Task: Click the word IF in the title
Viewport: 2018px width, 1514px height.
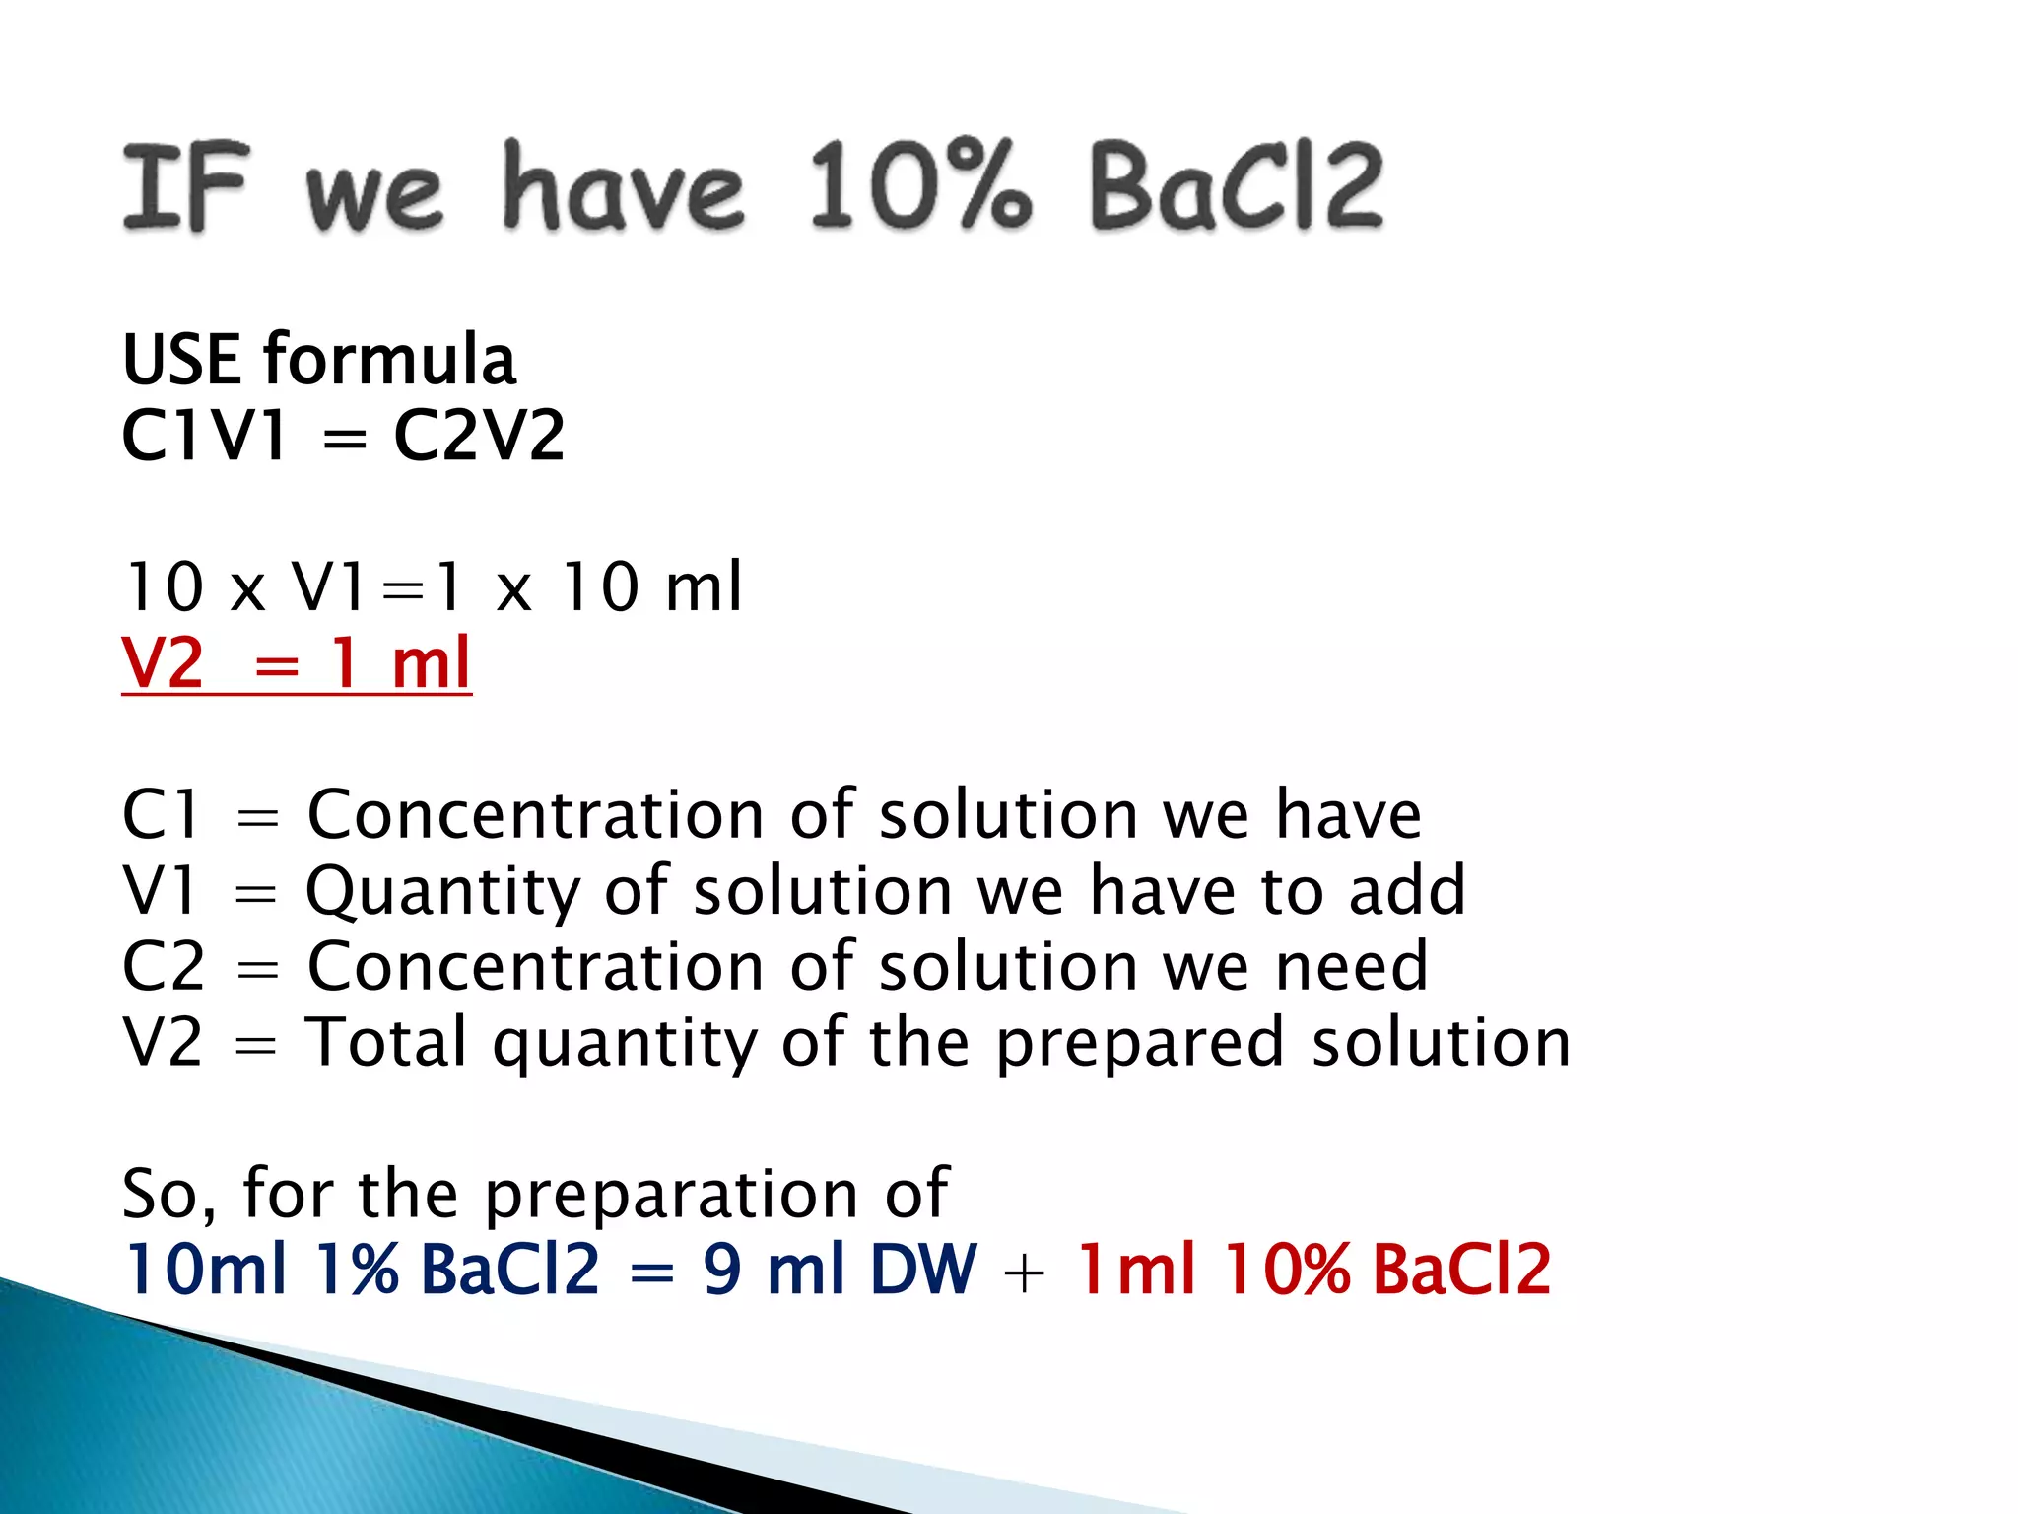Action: (x=184, y=186)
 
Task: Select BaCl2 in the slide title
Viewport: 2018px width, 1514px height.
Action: (x=1237, y=186)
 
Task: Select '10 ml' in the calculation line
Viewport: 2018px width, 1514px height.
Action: (x=650, y=587)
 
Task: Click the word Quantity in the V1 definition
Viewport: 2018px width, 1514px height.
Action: (x=443, y=892)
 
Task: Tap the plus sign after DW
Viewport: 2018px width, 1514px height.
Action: (x=1025, y=1272)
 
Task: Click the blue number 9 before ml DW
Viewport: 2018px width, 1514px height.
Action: (x=722, y=1269)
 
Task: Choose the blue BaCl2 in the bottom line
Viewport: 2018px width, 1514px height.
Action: (x=509, y=1269)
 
